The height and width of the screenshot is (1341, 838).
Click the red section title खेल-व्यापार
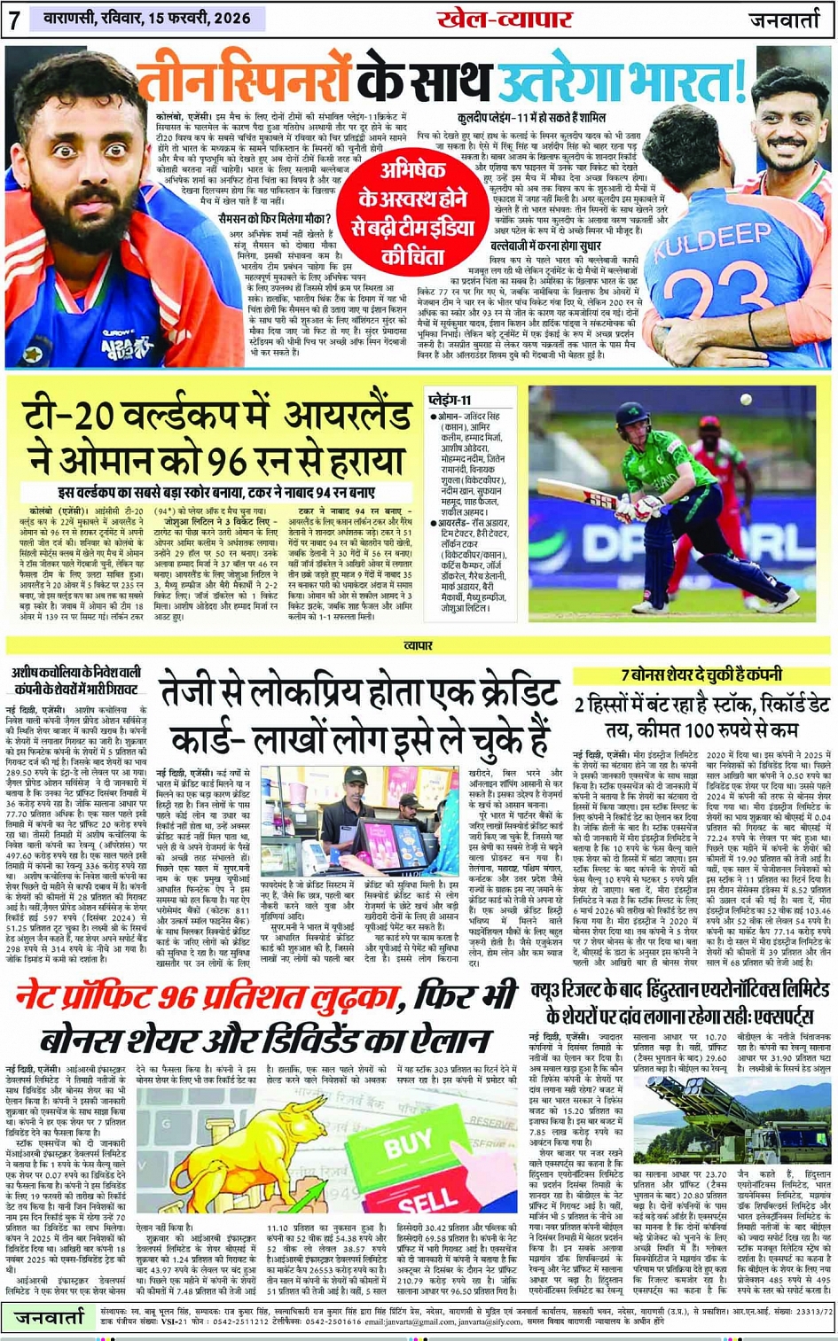504,19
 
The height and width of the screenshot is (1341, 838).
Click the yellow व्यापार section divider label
419,646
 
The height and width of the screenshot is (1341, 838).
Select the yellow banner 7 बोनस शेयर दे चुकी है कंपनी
701,675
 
